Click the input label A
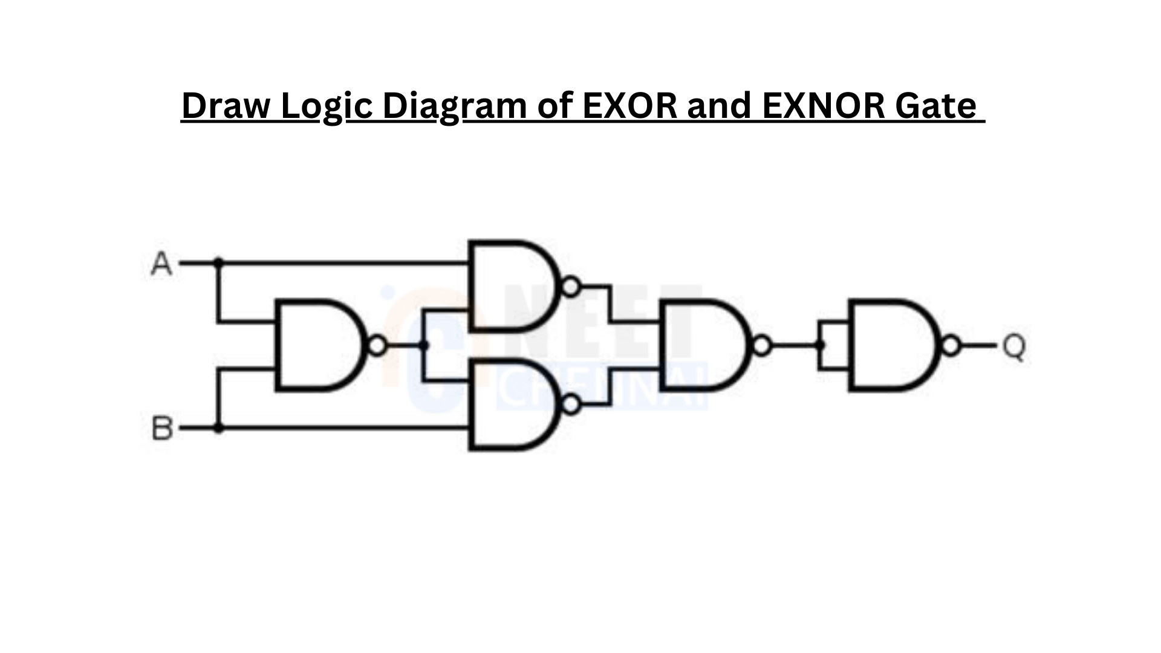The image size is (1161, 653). pos(161,264)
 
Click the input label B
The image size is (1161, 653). pos(161,429)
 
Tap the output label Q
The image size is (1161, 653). pos(1014,347)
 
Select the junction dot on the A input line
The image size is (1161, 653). pos(219,263)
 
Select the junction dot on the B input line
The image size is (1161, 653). pos(219,428)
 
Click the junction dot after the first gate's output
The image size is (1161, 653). pos(424,345)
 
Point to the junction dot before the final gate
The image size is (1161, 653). pos(821,346)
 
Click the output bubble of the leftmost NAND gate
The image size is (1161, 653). pos(377,345)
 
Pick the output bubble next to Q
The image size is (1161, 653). pos(951,346)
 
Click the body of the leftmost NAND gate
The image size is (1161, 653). pos(320,345)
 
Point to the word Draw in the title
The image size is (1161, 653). pos(227,106)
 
